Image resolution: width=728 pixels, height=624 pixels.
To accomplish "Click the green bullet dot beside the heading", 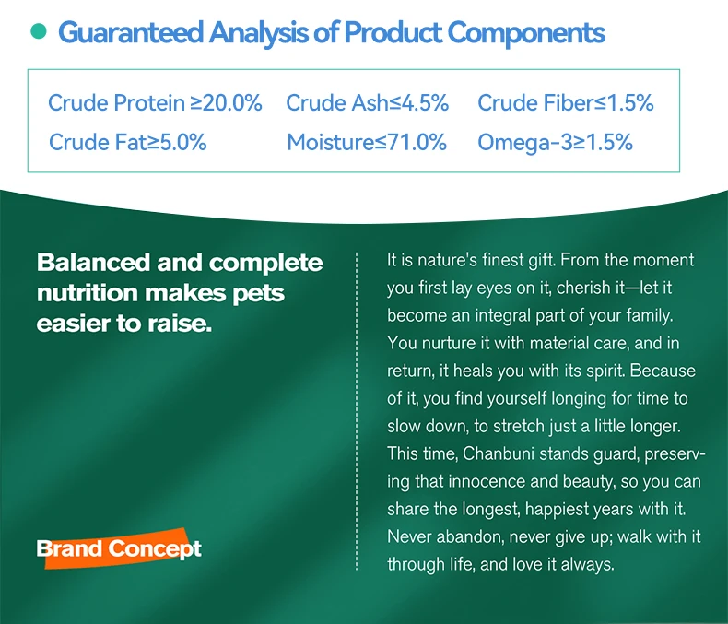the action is [39, 31].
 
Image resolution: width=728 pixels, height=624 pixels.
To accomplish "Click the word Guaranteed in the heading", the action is [131, 32].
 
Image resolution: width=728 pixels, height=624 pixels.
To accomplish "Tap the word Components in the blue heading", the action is [526, 33].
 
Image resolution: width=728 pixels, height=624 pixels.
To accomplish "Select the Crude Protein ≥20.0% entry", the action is [155, 102].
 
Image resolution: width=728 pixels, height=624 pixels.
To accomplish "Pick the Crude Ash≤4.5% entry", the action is [368, 102].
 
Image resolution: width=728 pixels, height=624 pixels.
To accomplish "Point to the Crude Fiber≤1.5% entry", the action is [566, 102].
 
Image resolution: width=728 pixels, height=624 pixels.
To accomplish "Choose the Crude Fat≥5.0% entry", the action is [128, 142].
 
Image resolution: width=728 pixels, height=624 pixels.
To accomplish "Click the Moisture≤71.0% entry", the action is [367, 142].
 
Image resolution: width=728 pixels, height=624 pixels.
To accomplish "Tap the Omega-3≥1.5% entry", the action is [556, 143].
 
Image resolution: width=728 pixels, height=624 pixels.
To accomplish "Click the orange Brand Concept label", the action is [119, 548].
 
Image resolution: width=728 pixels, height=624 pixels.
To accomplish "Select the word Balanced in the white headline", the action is [93, 263].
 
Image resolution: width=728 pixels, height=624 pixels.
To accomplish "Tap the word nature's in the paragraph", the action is [447, 260].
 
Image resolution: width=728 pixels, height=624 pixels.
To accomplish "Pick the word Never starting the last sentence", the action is [409, 536].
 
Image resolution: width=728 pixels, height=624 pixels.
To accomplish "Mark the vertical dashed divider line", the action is [357, 411].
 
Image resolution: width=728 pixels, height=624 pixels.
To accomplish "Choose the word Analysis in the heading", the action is [258, 33].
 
